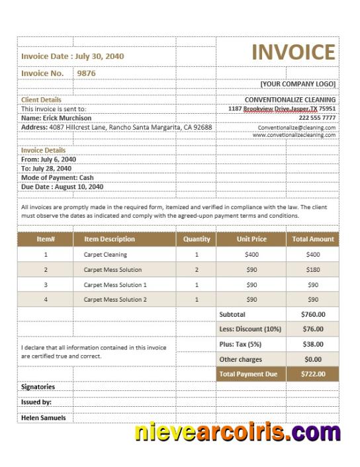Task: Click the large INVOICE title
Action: [293, 52]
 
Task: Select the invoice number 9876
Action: [87, 73]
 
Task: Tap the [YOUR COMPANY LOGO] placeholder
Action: [298, 84]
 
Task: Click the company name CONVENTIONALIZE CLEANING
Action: [290, 100]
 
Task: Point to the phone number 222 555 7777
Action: [318, 117]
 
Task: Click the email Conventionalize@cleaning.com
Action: [296, 127]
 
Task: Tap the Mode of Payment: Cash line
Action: [57, 177]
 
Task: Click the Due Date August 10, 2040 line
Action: [62, 187]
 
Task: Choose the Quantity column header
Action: [197, 239]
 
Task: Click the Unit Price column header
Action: [251, 239]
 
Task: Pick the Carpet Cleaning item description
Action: [105, 255]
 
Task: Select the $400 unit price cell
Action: [251, 255]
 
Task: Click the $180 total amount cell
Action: [313, 270]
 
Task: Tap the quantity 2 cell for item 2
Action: [197, 270]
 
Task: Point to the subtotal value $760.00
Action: [313, 315]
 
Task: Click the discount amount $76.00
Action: [313, 329]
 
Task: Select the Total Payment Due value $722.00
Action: [313, 374]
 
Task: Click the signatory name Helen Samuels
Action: [44, 418]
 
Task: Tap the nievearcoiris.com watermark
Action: [238, 434]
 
